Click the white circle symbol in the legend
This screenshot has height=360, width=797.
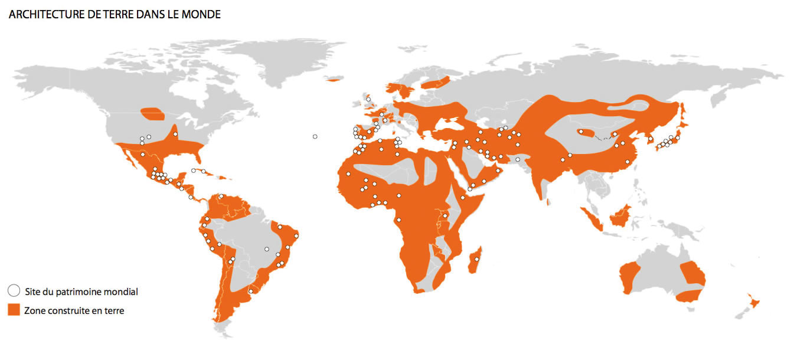click(14, 290)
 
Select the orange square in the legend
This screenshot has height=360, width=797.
click(14, 310)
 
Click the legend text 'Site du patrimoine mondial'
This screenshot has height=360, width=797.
click(81, 291)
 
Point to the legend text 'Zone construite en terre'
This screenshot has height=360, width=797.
click(74, 310)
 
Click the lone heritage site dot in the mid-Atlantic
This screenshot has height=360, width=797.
click(315, 136)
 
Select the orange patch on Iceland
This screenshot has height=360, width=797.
click(334, 79)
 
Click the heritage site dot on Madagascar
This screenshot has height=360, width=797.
click(476, 259)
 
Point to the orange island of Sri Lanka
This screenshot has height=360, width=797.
click(549, 202)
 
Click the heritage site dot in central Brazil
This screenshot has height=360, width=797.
click(267, 248)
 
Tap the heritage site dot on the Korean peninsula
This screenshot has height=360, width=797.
click(650, 139)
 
